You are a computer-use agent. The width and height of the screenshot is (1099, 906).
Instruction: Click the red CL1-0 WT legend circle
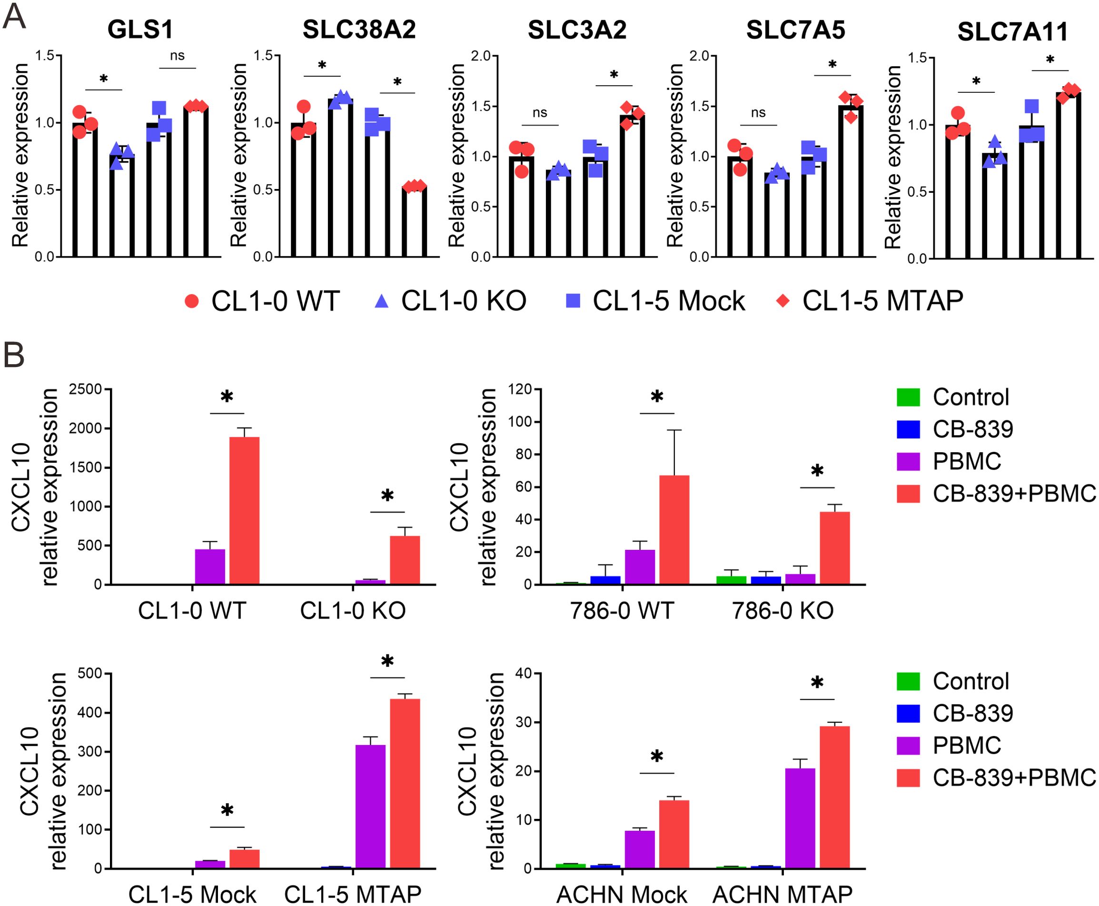click(192, 301)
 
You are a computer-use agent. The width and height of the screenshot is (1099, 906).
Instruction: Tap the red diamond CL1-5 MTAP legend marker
click(783, 301)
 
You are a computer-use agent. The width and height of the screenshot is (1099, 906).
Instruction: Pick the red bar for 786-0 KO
click(834, 548)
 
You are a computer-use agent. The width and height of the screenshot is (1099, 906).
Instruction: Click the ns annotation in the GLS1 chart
click(178, 56)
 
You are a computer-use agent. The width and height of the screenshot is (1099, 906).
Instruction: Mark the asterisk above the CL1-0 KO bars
click(387, 496)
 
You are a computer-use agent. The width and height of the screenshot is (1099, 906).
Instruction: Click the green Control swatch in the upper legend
click(908, 397)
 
